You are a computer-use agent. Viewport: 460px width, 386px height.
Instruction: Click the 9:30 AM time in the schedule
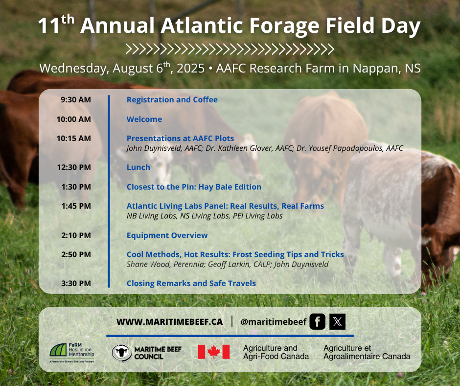[x=76, y=100]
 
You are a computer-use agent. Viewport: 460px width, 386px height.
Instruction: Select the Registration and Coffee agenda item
[x=172, y=100]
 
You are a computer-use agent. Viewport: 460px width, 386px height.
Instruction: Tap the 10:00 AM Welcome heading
[x=144, y=119]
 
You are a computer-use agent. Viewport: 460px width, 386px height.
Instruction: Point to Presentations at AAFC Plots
[x=181, y=138]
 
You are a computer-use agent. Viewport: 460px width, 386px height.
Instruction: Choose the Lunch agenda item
[x=138, y=168]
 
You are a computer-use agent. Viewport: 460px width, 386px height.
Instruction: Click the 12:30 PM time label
[x=74, y=168]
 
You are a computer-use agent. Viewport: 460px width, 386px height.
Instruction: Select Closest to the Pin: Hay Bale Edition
[x=194, y=187]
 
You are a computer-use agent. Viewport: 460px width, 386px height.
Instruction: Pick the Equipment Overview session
[x=167, y=236]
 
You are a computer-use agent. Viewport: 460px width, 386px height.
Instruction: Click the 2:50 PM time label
[x=76, y=255]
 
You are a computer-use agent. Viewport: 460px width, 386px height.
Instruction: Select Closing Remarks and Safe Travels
[x=191, y=284]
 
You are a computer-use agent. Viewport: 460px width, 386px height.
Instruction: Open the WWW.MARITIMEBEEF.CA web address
[x=170, y=322]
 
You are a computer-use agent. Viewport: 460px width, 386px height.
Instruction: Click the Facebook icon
[x=318, y=322]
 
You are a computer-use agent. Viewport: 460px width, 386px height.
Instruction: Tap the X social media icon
[x=337, y=322]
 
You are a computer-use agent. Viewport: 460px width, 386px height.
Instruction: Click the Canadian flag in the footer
[x=213, y=352]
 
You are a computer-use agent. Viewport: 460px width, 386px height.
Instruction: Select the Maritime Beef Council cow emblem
[x=121, y=353]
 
